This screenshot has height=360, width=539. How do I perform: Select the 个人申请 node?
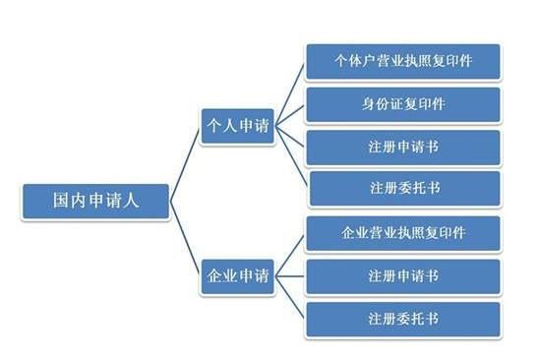pyautogui.click(x=236, y=128)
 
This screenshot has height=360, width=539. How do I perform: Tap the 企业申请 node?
pyautogui.click(x=236, y=276)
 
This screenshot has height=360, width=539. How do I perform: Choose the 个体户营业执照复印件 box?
pyautogui.click(x=403, y=61)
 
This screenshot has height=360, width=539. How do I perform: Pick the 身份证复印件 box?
pyautogui.click(x=403, y=104)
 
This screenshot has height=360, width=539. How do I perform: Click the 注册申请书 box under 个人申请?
pyautogui.click(x=403, y=147)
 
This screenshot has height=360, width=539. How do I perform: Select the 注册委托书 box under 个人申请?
pyautogui.click(x=403, y=188)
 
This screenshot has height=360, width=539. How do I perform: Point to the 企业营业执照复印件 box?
pyautogui.click(x=403, y=234)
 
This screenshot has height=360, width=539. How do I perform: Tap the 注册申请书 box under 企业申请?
pyautogui.click(x=403, y=276)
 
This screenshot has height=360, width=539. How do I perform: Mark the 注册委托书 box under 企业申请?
pyautogui.click(x=403, y=320)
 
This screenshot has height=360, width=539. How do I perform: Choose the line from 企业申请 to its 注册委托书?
pyautogui.click(x=290, y=298)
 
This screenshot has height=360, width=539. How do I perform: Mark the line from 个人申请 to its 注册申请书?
pyautogui.click(x=290, y=138)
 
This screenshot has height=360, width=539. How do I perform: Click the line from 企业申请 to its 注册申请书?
pyautogui.click(x=290, y=276)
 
